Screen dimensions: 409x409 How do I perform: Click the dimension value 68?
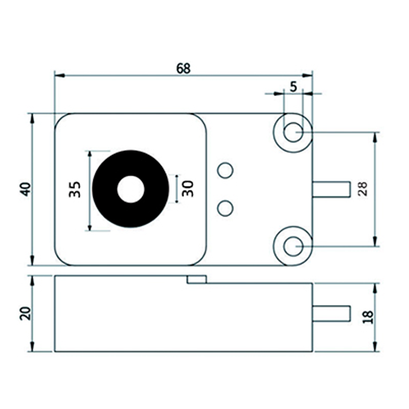tap(183, 68)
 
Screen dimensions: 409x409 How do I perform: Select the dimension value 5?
tap(293, 86)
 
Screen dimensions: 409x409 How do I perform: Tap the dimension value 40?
tap(26, 189)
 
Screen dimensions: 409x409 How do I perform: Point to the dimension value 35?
tap(75, 189)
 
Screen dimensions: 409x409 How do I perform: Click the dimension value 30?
tap(188, 189)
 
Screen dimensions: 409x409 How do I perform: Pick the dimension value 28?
tap(362, 189)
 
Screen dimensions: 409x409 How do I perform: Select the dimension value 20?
tap(26, 312)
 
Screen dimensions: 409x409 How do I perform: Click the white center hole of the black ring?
tap(131, 189)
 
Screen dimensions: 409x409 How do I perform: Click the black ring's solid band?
tap(105, 189)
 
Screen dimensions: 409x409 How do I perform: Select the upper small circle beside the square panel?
tap(225, 170)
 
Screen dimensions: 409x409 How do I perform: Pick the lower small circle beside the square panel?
tap(225, 208)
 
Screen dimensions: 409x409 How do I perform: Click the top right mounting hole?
tap(293, 132)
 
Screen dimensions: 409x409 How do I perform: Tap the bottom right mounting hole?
tap(293, 246)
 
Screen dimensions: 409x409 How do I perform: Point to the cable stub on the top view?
tap(331, 189)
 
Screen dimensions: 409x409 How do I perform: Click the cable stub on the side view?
tap(331, 313)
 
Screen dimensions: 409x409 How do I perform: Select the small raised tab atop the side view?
tap(196, 279)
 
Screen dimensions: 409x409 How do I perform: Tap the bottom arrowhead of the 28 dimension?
tap(376, 242)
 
